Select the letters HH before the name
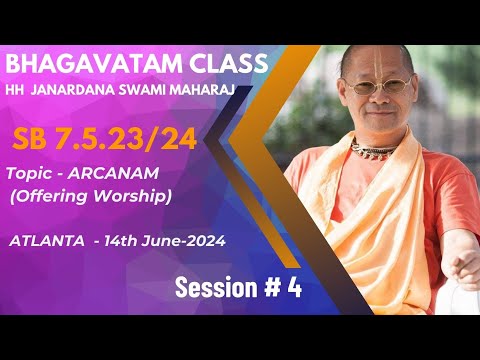pyautogui.click(x=20, y=91)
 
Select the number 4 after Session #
pyautogui.click(x=294, y=287)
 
